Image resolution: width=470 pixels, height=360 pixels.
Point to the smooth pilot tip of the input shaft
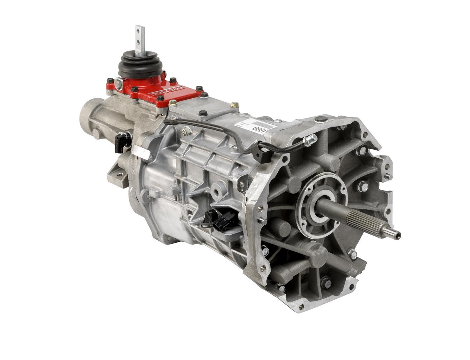pyautogui.click(x=392, y=233)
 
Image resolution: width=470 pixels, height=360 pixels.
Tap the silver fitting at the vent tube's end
pyautogui.click(x=310, y=140)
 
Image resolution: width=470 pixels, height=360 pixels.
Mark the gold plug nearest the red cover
pyautogui.click(x=173, y=102)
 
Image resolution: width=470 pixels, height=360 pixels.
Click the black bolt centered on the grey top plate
pyautogui.click(x=203, y=113)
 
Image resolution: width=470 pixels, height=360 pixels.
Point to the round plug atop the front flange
pyautogui.click(x=321, y=119)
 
